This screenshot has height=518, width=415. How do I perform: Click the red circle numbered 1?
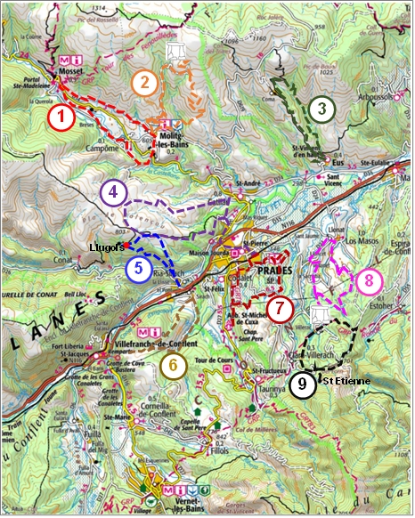[x=61, y=117]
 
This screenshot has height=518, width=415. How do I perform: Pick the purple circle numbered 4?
[x=113, y=192]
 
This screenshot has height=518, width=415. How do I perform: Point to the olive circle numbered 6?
[x=174, y=363]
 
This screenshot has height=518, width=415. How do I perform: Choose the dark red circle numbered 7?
[x=280, y=309]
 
